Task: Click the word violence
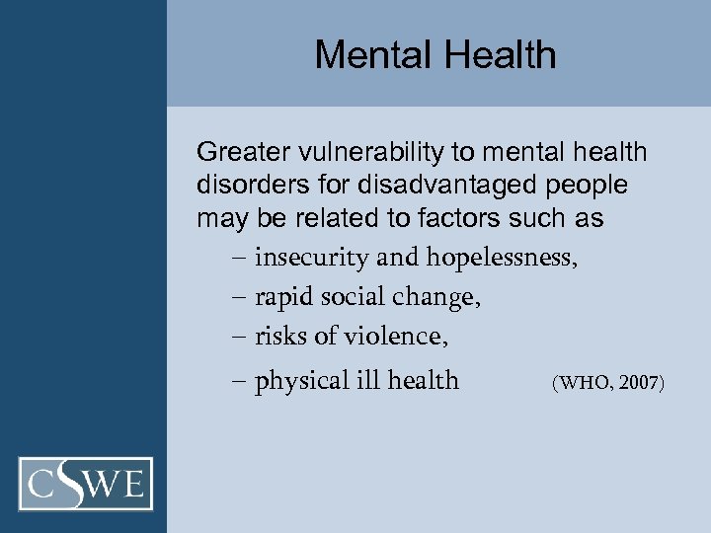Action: (396, 337)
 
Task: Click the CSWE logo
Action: (86, 484)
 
